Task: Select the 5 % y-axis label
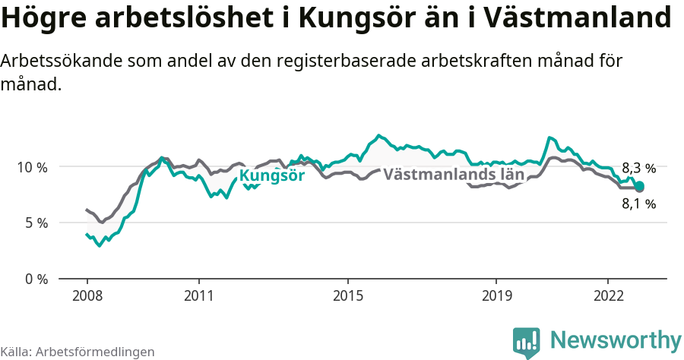[36, 223]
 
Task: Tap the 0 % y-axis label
[36, 279]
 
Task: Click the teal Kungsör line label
[272, 176]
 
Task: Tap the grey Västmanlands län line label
[454, 174]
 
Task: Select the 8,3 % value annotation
[638, 169]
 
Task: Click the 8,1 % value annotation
[638, 204]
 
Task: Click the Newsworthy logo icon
[526, 343]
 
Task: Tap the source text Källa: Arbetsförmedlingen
[78, 352]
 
